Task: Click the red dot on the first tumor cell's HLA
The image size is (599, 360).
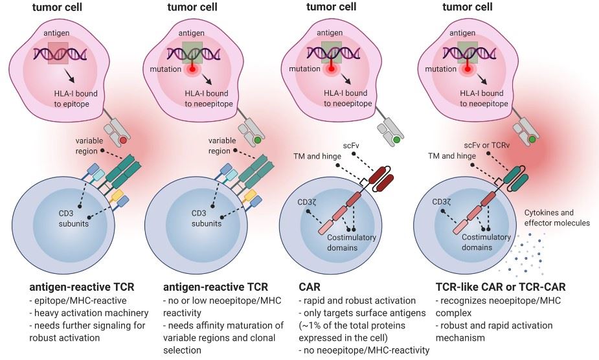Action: tap(122, 141)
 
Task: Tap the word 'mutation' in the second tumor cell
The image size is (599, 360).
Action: tap(164, 68)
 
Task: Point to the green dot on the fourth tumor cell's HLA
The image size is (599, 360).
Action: tap(532, 139)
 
